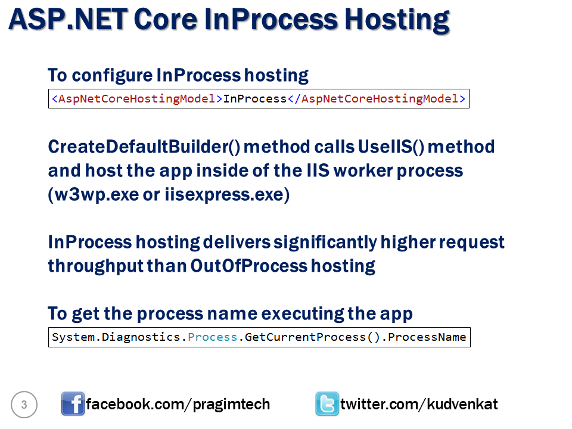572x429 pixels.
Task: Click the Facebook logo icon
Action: [73, 405]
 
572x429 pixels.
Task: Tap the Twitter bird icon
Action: [327, 405]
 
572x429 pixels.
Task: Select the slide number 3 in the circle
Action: [24, 405]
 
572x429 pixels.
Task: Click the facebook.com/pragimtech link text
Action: [178, 405]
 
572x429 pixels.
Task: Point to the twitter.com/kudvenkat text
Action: [419, 405]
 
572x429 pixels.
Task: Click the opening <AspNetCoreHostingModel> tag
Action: [137, 99]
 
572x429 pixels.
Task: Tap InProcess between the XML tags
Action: [255, 99]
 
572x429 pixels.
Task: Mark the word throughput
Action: [95, 266]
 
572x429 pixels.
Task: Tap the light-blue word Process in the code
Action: [213, 337]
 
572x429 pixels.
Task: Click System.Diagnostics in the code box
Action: [117, 337]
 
